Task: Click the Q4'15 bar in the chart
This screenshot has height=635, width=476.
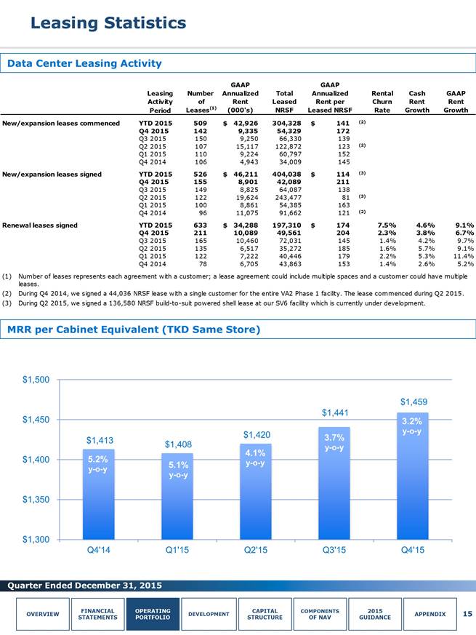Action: (413, 476)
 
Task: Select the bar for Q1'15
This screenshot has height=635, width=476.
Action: (177, 497)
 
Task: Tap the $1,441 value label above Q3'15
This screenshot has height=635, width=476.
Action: (335, 412)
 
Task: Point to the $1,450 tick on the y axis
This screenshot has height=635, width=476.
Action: (36, 420)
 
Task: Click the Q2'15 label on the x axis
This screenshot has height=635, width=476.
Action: (255, 550)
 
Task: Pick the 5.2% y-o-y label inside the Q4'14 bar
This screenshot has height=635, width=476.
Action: (98, 464)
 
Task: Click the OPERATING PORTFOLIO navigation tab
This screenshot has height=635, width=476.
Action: (153, 614)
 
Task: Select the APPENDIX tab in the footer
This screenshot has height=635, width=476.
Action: (430, 614)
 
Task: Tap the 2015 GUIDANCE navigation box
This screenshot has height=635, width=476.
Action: (375, 614)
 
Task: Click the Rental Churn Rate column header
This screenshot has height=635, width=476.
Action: (382, 102)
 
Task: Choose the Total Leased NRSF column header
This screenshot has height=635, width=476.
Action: (284, 102)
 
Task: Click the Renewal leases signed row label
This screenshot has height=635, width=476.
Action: (40, 225)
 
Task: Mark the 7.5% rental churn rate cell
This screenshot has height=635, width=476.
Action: (387, 225)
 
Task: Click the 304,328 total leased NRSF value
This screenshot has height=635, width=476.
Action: (286, 123)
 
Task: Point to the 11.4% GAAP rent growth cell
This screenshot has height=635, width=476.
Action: (464, 256)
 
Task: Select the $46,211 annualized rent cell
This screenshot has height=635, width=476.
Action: (241, 174)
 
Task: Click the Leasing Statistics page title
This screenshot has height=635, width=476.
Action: (108, 23)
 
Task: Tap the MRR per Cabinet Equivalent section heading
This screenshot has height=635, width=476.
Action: (134, 330)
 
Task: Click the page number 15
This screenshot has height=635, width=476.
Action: (467, 614)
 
